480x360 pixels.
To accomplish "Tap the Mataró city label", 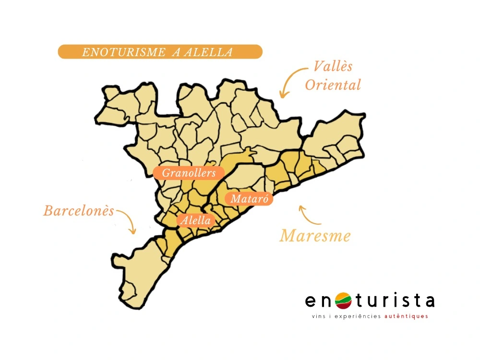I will click(x=250, y=199).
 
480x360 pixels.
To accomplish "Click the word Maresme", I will click(x=315, y=236).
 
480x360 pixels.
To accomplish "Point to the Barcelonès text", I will click(x=79, y=211).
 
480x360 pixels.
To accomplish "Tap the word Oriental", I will click(x=333, y=85).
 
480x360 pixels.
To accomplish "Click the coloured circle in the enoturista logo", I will click(x=343, y=301).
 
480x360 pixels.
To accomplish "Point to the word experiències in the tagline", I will click(x=359, y=317).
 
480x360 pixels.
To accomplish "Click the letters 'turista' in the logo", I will click(x=394, y=300).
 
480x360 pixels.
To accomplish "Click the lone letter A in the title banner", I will click(x=176, y=52).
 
